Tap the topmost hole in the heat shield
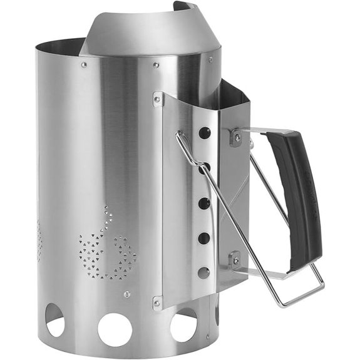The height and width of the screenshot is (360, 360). coord(205,133)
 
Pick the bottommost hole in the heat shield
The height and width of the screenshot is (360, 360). coord(203,272)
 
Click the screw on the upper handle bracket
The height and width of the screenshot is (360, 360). coord(236,136)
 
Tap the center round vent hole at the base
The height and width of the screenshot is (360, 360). coord(115,329)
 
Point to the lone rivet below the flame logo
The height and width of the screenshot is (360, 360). coord(127,294)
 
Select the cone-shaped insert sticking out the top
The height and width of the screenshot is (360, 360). coord(144,31)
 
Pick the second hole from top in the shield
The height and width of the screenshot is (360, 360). coord(205,168)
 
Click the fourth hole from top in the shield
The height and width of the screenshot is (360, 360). coord(204,238)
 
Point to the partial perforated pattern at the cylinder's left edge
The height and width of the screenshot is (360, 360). coord(39,244)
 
